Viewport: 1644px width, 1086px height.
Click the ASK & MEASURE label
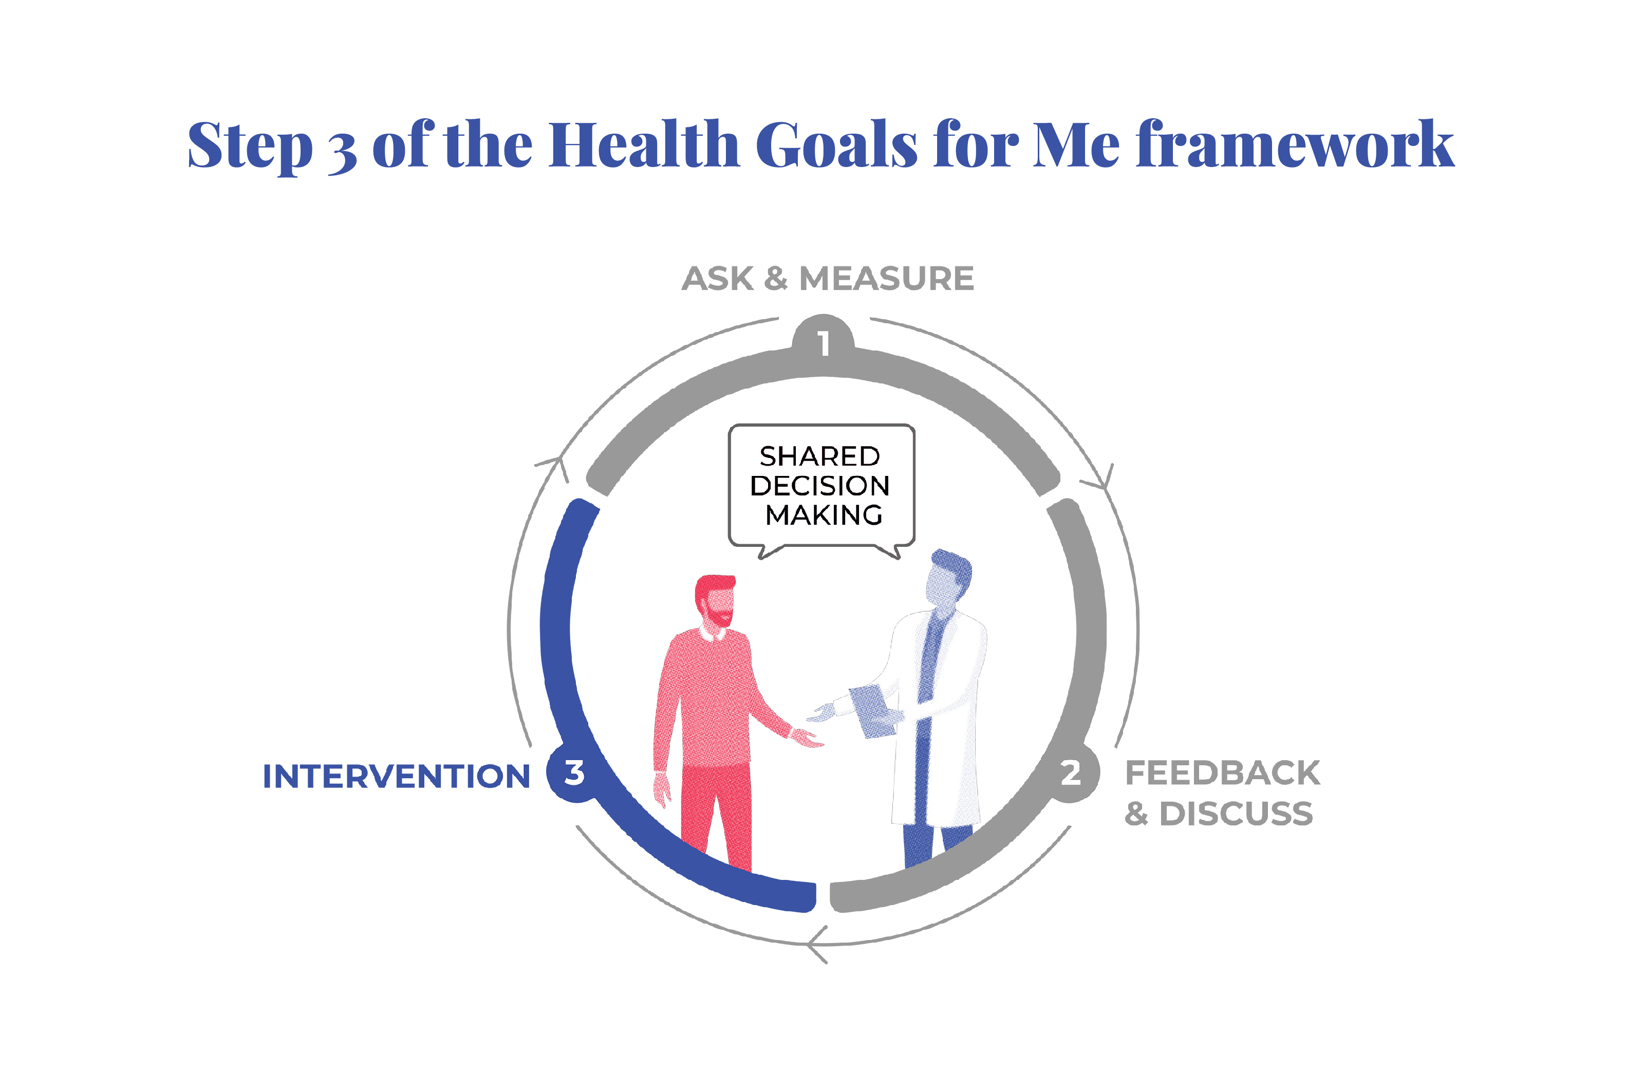point(828,279)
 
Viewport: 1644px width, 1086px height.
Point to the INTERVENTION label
point(396,777)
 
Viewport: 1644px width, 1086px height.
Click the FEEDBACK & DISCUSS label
point(1222,793)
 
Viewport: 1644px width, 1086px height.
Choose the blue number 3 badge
point(574,772)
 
